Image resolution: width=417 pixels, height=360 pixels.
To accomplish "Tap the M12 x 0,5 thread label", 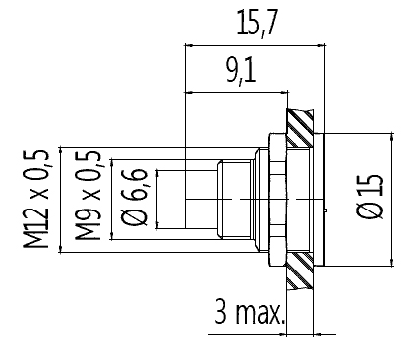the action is (x=36, y=199).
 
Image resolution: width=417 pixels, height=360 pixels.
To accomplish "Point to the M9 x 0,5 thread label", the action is (x=89, y=196).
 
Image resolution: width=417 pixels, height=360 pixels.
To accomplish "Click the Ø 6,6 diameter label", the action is (x=135, y=198).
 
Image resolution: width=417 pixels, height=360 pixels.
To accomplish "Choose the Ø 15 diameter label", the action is (x=370, y=196).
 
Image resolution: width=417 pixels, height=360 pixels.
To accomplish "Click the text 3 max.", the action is (x=250, y=312).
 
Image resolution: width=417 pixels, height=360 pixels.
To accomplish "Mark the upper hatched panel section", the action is (x=300, y=128).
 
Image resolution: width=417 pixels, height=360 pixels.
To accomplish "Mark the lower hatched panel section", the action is (x=300, y=270).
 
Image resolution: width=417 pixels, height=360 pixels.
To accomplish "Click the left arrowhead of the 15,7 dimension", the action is (x=189, y=45).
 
